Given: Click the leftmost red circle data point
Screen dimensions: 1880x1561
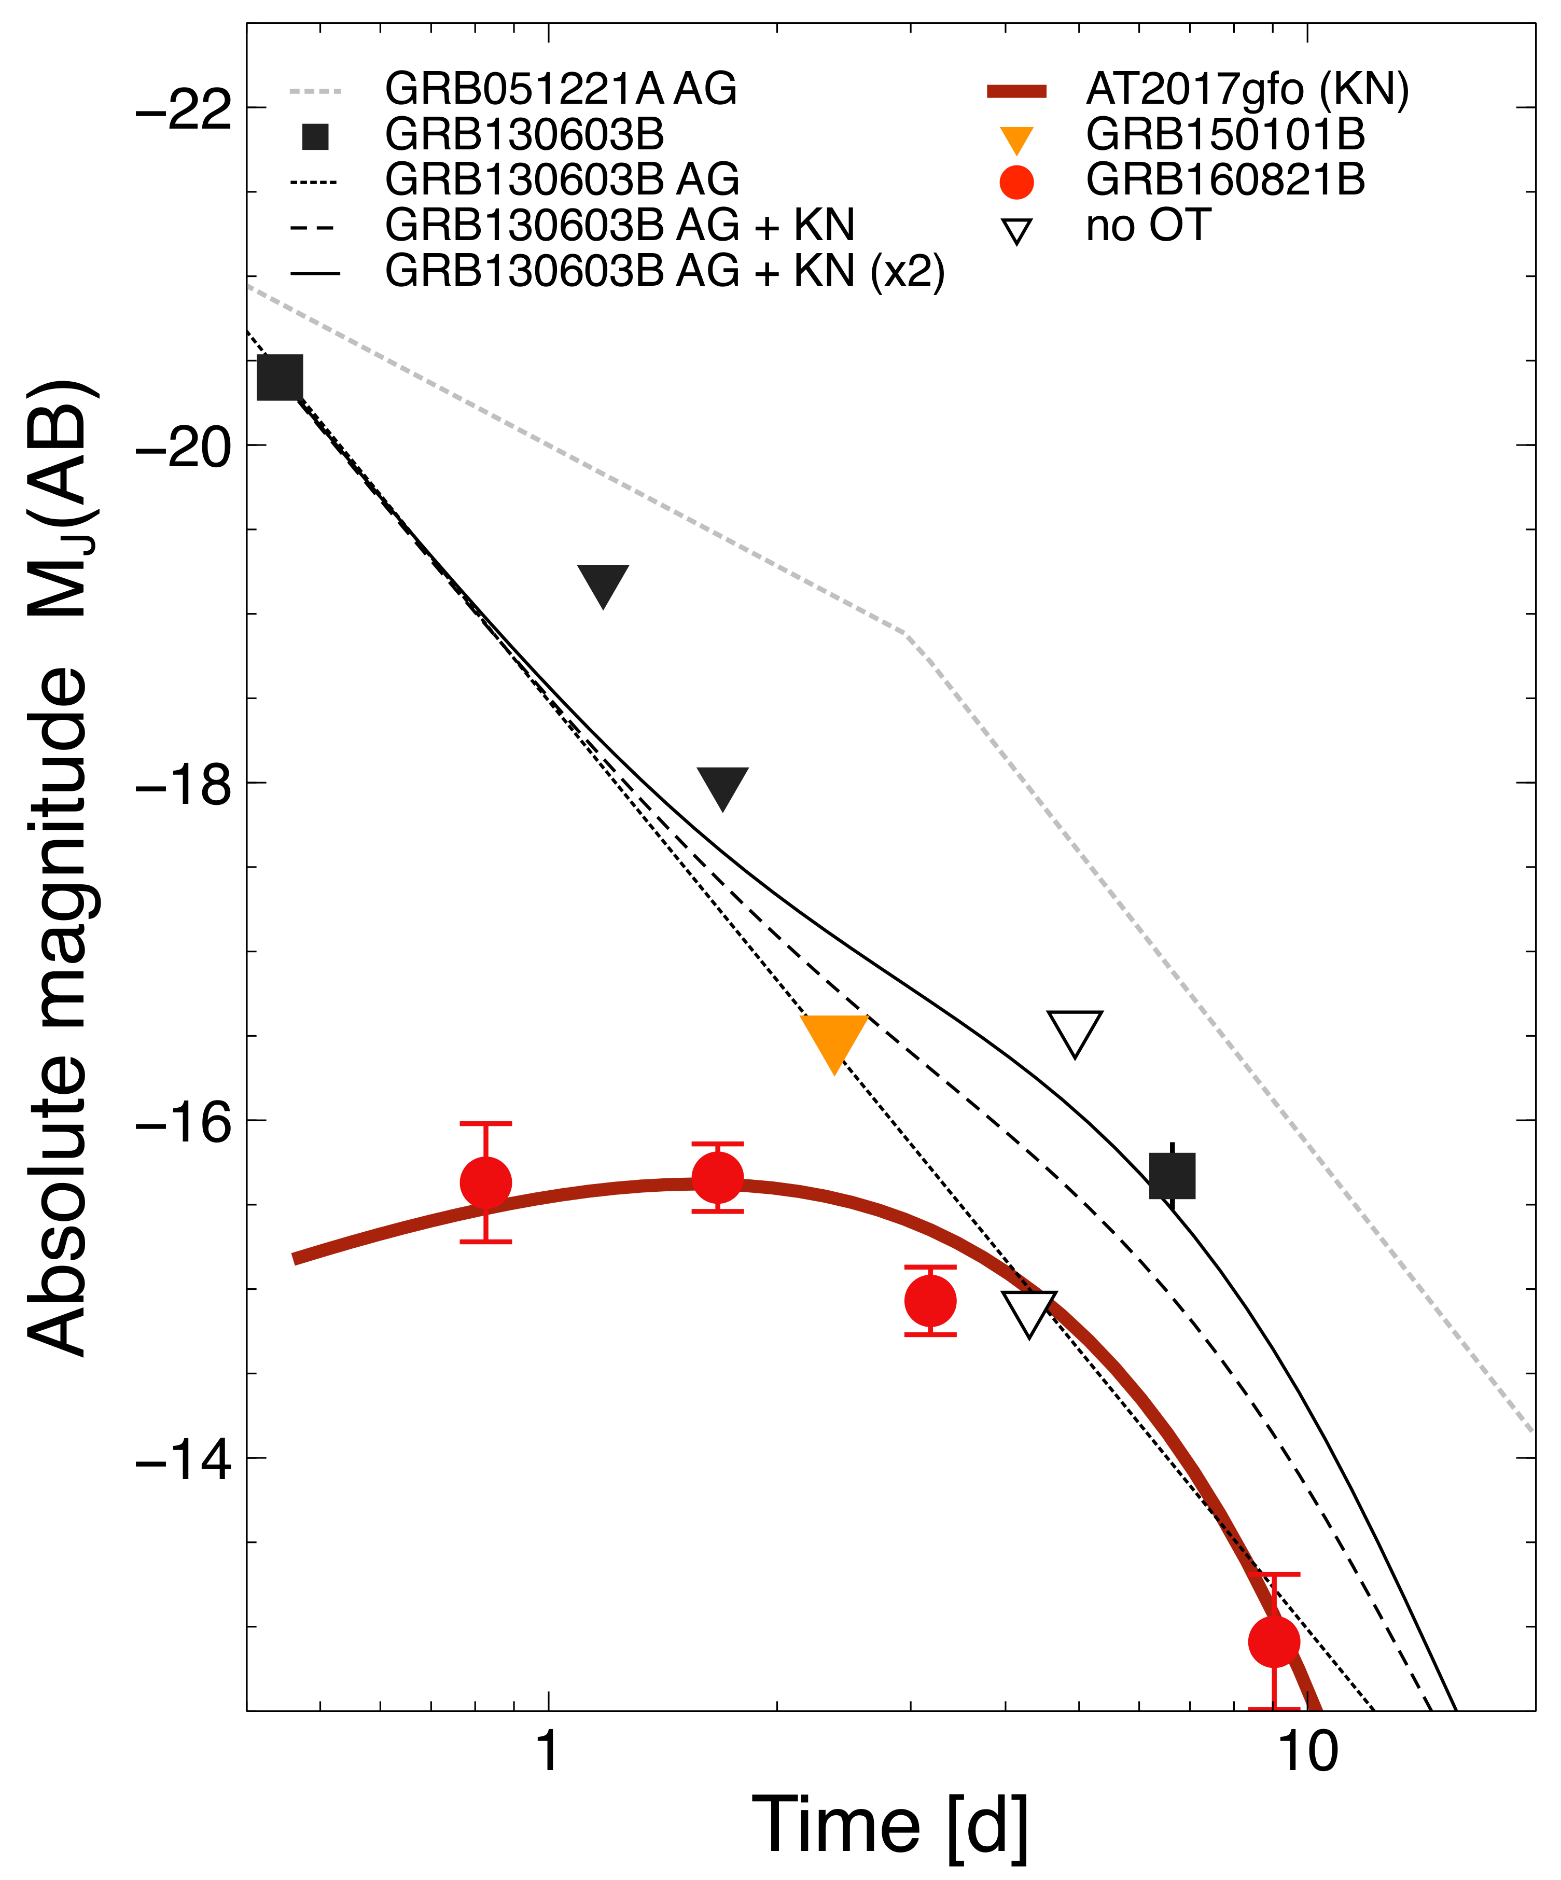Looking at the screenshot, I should [485, 1182].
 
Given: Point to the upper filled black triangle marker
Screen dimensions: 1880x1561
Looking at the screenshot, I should [603, 583].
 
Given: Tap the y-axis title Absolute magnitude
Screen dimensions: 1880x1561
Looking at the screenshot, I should [58, 868].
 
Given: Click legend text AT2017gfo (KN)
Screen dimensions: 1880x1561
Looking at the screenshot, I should [1247, 89].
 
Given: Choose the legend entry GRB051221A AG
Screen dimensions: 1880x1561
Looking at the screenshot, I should [560, 89].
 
